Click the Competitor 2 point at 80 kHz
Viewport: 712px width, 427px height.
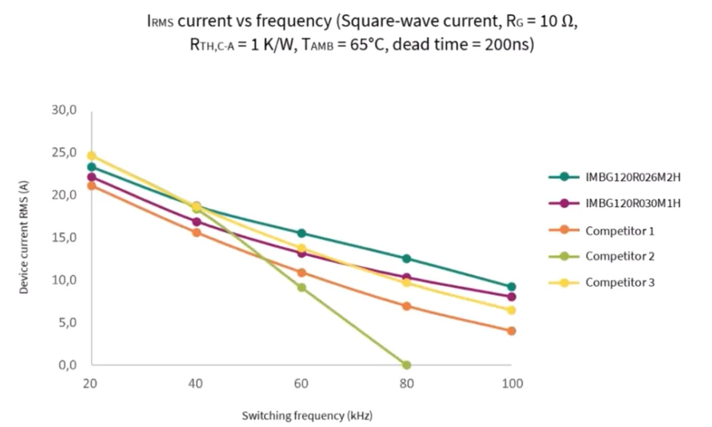point(406,365)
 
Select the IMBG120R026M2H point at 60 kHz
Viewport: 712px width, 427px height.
point(302,233)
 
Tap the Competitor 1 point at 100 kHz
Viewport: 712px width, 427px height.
point(511,331)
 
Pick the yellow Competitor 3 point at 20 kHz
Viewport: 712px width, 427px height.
point(92,156)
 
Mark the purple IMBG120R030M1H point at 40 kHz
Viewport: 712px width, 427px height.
point(197,222)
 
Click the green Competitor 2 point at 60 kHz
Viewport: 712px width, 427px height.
point(302,287)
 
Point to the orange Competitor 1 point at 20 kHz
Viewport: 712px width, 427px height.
point(92,186)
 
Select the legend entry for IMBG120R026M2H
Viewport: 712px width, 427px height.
point(632,177)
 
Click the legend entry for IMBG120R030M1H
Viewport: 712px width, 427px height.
point(632,203)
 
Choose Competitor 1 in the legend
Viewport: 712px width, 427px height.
point(619,231)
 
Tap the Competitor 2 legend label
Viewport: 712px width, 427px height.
point(619,256)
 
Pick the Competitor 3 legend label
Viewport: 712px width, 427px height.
point(619,283)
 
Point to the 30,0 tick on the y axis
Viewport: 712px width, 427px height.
point(64,110)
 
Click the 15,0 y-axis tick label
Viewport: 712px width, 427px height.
point(64,238)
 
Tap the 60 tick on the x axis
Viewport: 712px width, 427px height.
point(302,384)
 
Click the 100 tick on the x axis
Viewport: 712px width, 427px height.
point(511,384)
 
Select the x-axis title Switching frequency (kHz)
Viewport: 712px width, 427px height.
point(307,416)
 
